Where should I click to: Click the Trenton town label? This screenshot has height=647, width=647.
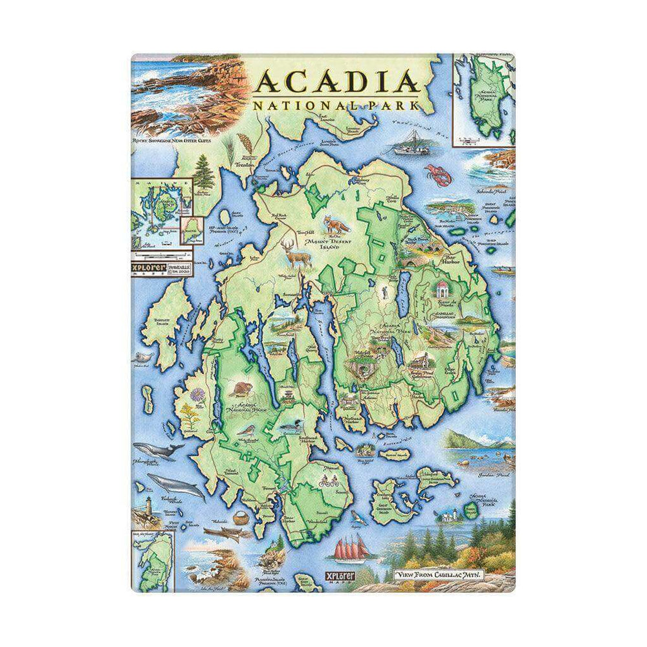[247, 166]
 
